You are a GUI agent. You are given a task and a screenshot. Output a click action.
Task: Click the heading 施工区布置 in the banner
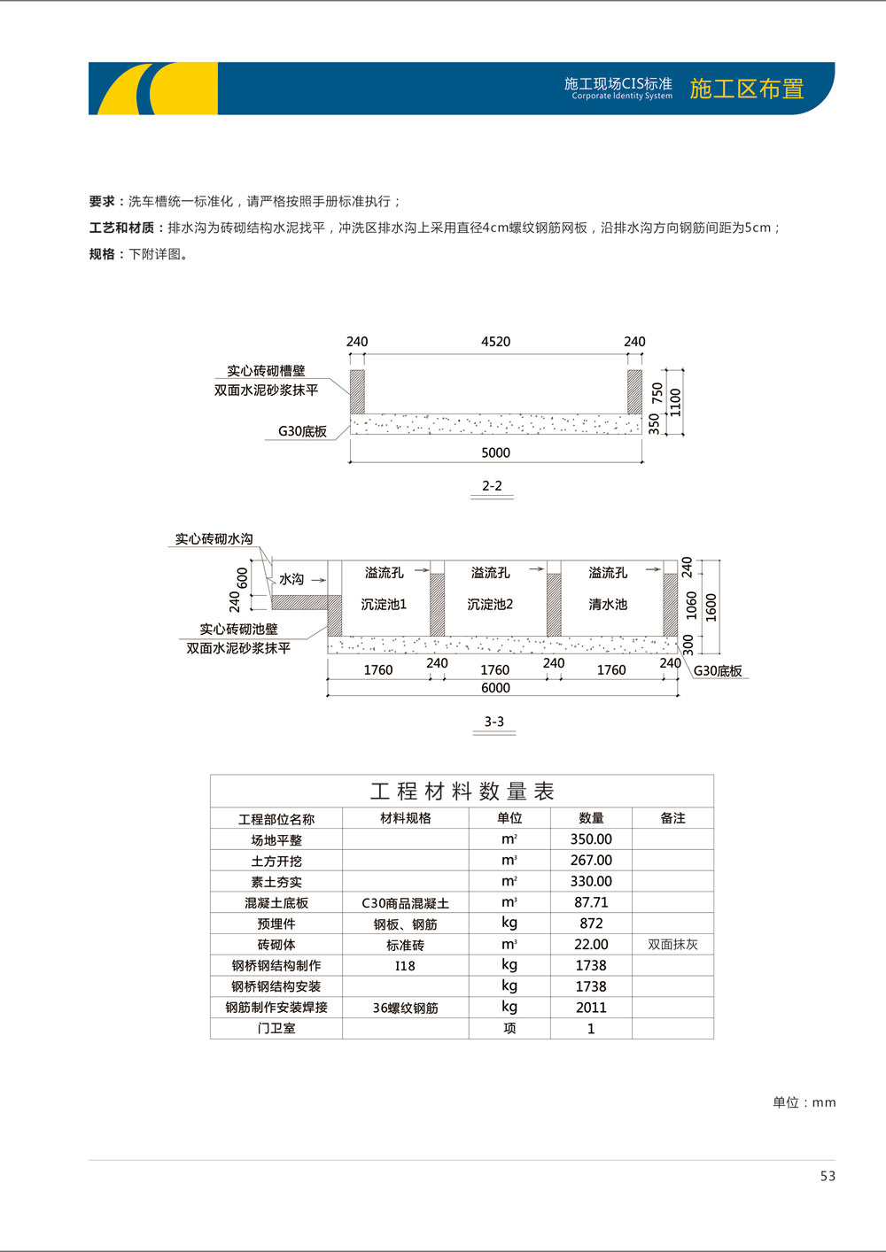click(x=746, y=89)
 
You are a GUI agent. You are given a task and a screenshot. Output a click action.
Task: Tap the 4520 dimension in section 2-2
click(x=495, y=342)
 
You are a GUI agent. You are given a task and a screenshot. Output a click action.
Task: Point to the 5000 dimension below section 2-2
click(x=495, y=452)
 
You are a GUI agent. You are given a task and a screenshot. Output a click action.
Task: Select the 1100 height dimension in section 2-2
click(x=676, y=402)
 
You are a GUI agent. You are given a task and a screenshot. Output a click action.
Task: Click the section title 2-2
click(x=492, y=486)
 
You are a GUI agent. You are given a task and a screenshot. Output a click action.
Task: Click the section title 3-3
click(x=494, y=722)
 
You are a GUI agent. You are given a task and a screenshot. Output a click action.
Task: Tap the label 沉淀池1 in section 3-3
click(x=384, y=605)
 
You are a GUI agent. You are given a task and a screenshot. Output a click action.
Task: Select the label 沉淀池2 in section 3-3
click(x=490, y=605)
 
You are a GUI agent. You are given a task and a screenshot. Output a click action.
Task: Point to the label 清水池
click(x=608, y=605)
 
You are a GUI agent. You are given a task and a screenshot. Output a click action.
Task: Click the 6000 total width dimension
click(x=495, y=688)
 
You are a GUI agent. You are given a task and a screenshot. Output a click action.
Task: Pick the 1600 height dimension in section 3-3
click(x=711, y=607)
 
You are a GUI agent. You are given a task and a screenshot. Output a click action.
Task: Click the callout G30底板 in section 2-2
click(x=302, y=432)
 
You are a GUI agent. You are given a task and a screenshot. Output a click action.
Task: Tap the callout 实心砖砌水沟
click(x=214, y=538)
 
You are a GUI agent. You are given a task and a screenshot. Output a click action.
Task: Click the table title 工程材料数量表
click(x=462, y=791)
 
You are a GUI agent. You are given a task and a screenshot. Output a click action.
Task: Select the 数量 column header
click(x=591, y=818)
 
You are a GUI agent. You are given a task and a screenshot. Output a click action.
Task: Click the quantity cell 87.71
click(x=591, y=902)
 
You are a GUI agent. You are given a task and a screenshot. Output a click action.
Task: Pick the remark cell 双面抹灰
click(x=672, y=945)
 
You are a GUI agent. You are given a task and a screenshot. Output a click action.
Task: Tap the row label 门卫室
click(x=276, y=1029)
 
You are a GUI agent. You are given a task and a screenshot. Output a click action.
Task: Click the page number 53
click(x=828, y=1176)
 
